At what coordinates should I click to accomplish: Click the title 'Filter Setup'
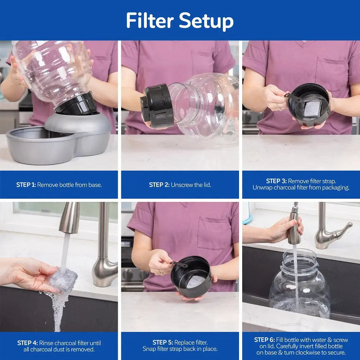tap(180, 21)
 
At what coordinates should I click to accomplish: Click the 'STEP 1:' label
tap(26, 185)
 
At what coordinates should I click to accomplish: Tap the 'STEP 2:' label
tap(159, 185)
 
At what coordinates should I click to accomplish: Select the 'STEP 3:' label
tap(276, 181)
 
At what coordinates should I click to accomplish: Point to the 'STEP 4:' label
tap(27, 343)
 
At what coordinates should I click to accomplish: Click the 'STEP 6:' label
tap(264, 339)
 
